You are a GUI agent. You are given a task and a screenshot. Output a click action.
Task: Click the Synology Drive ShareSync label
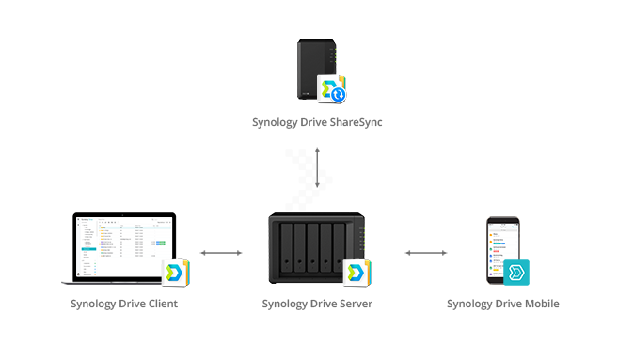pos(317,122)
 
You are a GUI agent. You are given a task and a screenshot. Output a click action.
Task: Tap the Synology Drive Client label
pos(124,304)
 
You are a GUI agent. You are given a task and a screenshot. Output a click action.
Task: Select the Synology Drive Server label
pos(316,304)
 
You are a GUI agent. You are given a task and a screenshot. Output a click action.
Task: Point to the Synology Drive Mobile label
pos(502,304)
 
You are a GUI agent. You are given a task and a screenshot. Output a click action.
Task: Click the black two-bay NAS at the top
pos(313,68)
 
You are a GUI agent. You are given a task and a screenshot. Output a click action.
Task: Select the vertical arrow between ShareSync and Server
pos(317,166)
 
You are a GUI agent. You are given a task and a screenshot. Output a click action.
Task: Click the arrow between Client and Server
pos(222,252)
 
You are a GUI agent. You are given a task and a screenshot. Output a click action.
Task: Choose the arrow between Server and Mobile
pos(427,252)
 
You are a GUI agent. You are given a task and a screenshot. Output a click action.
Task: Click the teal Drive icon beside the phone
pos(516,274)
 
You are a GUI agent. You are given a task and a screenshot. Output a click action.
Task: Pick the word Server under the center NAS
pos(354,304)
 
